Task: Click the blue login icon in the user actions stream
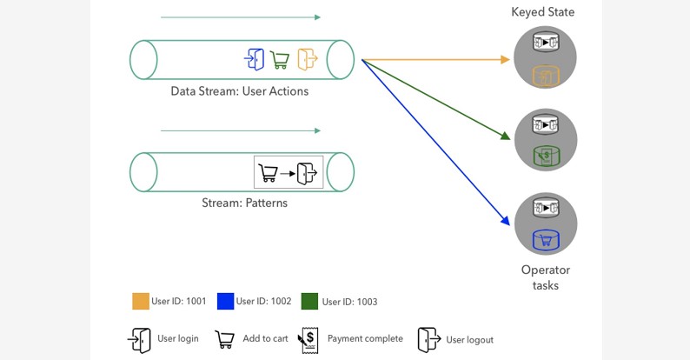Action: pyautogui.click(x=255, y=59)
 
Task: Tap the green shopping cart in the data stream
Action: pyautogui.click(x=280, y=59)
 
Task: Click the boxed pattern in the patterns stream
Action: pyautogui.click(x=289, y=171)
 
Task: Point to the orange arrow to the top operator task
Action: pyautogui.click(x=435, y=60)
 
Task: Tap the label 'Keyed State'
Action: pyautogui.click(x=542, y=12)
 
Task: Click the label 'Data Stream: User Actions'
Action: pyautogui.click(x=239, y=90)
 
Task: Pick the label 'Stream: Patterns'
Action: pyautogui.click(x=244, y=203)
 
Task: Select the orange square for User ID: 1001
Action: pyautogui.click(x=140, y=302)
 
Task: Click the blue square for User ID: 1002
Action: pyautogui.click(x=225, y=302)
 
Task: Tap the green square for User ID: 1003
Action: pyautogui.click(x=309, y=302)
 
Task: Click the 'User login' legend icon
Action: pyautogui.click(x=140, y=339)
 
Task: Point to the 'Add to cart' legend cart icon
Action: pyautogui.click(x=225, y=339)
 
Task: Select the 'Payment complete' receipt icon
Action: pyautogui.click(x=309, y=339)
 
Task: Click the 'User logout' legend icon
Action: pyautogui.click(x=428, y=339)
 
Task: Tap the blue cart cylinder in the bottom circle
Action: pyautogui.click(x=545, y=239)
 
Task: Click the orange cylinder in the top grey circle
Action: pyautogui.click(x=545, y=77)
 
